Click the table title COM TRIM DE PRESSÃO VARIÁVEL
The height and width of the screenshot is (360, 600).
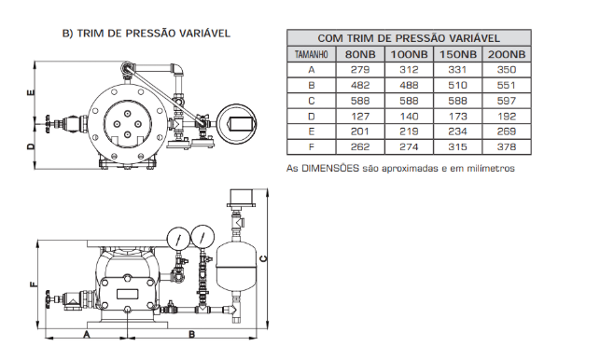[409, 38]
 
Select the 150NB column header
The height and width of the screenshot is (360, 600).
[457, 54]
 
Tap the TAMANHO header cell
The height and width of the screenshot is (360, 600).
[311, 54]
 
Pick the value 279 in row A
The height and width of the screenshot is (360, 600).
[360, 70]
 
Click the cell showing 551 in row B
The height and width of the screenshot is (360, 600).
[507, 85]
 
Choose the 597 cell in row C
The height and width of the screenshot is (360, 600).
[507, 101]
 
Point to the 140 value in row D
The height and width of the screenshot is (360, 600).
[409, 117]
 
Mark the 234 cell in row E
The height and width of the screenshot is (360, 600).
[457, 132]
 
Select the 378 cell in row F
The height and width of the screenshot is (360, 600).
[507, 147]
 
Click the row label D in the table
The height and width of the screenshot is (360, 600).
[311, 117]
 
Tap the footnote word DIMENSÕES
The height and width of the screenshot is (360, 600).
[330, 168]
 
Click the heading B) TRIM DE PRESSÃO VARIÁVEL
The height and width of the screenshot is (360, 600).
[147, 34]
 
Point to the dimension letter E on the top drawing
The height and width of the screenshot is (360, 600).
[32, 92]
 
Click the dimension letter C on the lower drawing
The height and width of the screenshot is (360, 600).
[263, 258]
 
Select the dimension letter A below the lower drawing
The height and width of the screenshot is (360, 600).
[87, 335]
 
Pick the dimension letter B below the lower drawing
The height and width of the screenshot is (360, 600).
[191, 335]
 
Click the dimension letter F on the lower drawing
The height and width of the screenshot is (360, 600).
[34, 284]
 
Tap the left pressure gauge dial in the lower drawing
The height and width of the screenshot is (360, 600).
[178, 239]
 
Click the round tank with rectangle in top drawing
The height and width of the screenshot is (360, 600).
[236, 124]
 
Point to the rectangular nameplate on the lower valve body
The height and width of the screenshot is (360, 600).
[128, 294]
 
